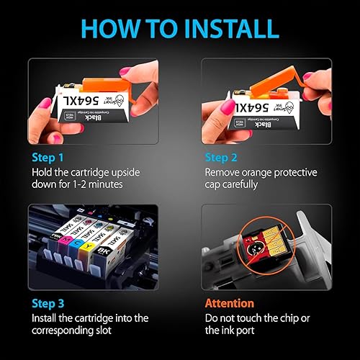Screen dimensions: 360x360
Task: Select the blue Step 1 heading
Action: tap(48, 156)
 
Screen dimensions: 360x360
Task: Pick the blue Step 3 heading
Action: tap(48, 303)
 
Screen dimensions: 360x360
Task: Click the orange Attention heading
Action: tap(230, 303)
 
